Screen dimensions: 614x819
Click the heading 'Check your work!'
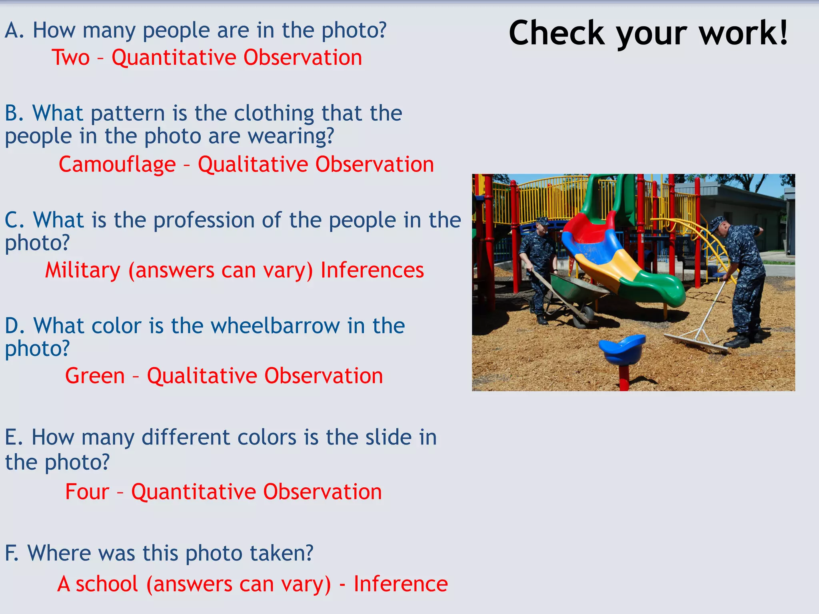[648, 34]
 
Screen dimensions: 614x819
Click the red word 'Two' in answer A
[71, 58]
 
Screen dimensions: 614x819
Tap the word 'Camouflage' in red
[117, 165]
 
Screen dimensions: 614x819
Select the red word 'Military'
[82, 270]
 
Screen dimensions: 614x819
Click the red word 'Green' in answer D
[95, 376]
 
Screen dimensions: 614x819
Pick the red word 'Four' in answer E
[87, 492]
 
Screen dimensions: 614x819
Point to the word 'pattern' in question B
[128, 113]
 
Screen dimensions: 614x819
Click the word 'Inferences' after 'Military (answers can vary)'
[372, 270]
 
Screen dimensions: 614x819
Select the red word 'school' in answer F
[107, 584]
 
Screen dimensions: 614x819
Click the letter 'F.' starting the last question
[11, 553]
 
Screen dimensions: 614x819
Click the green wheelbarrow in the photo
[576, 288]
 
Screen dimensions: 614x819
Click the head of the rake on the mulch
[696, 344]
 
